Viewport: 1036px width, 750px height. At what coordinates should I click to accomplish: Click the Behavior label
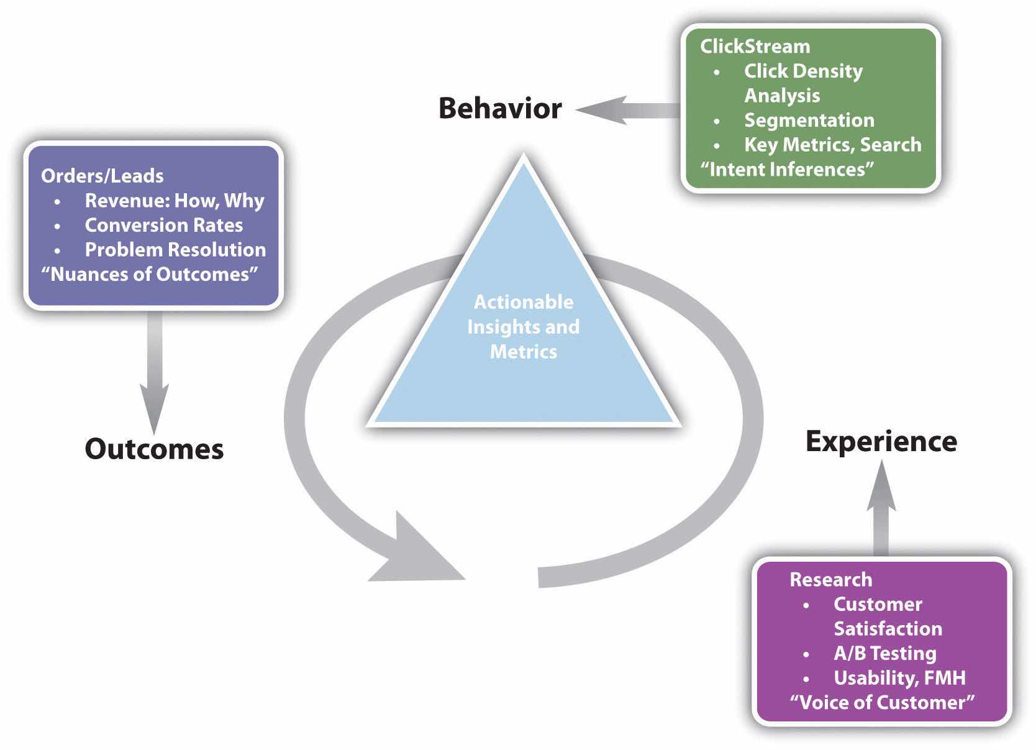point(500,108)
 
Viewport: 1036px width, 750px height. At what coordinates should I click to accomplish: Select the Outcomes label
point(154,449)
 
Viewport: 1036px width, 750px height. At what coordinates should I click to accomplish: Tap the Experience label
point(881,441)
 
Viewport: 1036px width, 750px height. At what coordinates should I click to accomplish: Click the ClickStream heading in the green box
point(755,47)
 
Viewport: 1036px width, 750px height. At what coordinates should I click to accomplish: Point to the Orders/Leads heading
point(102,176)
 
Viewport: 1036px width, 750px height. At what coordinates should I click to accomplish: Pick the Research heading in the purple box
point(830,579)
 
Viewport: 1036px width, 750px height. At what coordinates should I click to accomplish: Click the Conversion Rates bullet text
point(163,225)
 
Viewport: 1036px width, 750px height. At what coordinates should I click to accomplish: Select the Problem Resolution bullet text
point(175,250)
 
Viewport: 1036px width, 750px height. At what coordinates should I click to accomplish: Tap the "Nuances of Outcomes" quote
point(149,274)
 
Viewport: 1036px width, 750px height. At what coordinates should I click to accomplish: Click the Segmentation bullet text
point(809,120)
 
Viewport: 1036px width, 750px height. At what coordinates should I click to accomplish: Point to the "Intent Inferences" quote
point(787,169)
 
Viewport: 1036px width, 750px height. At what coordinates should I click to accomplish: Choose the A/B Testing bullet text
point(884,653)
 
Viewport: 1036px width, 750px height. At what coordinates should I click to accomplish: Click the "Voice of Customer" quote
point(882,702)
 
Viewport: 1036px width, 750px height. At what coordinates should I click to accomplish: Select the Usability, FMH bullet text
point(899,678)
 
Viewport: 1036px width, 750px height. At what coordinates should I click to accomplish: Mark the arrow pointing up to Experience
point(881,510)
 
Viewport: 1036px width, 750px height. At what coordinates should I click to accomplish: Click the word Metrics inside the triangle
point(524,352)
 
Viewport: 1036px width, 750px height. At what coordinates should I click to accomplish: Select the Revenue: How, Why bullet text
point(174,201)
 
